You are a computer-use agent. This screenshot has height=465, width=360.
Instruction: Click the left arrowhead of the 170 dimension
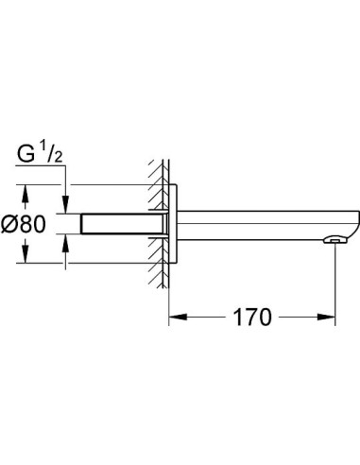click(174, 316)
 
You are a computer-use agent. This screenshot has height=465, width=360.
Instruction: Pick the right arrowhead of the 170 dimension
click(332, 316)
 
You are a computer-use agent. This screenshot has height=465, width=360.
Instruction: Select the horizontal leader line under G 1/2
click(43, 169)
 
